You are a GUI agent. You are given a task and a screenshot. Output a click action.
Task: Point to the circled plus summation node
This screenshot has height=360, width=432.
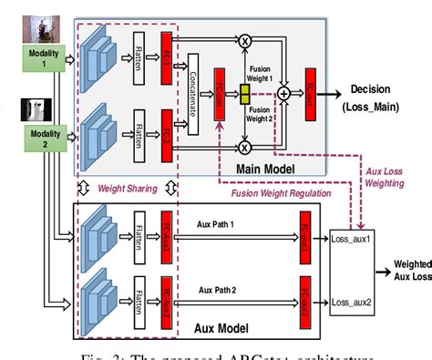(283, 92)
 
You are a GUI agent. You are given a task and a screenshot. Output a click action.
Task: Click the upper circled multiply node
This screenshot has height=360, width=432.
(243, 41)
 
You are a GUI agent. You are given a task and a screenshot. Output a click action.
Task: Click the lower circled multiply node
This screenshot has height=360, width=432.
(243, 146)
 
